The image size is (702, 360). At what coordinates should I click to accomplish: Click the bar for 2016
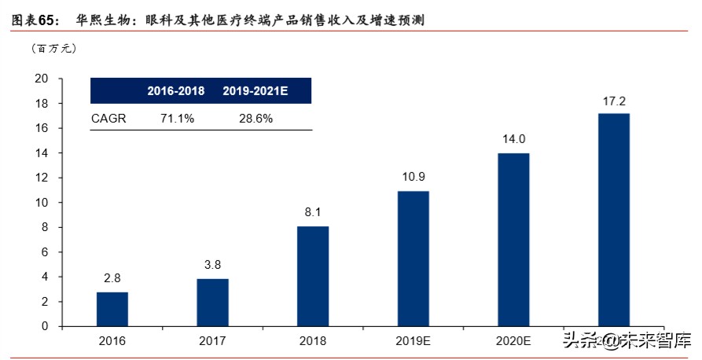(112, 309)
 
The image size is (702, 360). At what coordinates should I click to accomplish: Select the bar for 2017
(212, 303)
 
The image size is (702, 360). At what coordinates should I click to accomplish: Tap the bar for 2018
(313, 276)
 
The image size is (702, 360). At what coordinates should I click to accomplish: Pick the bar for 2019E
(413, 259)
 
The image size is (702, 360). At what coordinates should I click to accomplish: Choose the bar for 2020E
(513, 240)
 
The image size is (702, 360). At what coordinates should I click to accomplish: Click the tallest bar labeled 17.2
(614, 219)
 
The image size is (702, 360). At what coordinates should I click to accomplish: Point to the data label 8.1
(313, 212)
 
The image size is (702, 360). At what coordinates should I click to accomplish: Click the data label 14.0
(513, 138)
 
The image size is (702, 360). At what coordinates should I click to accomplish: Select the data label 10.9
(413, 177)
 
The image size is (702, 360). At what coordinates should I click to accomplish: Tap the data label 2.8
(112, 277)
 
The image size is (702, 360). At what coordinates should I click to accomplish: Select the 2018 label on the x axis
(313, 342)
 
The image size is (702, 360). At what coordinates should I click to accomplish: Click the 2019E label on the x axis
(413, 342)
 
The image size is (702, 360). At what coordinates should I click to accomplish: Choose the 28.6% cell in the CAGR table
(255, 118)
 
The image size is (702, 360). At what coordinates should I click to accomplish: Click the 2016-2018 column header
(176, 91)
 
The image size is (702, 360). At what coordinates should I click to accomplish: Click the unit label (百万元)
(53, 49)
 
